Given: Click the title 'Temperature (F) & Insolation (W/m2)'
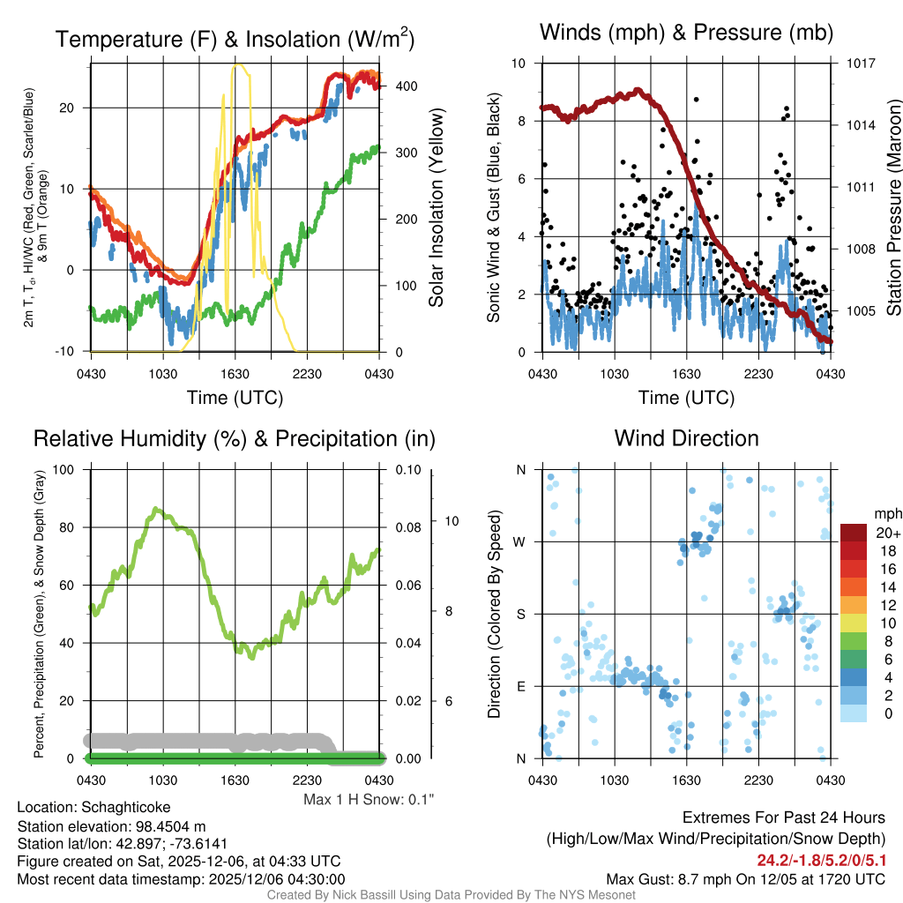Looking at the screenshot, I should pyautogui.click(x=235, y=40).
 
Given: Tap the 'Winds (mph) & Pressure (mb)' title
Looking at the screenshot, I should pyautogui.click(x=686, y=34).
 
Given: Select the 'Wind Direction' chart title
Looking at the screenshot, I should pyautogui.click(x=686, y=438).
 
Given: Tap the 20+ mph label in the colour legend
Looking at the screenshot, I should pyautogui.click(x=885, y=534).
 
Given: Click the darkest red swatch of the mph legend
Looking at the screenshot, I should pyautogui.click(x=854, y=533).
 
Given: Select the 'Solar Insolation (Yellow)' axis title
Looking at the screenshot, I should pyautogui.click(x=436, y=208).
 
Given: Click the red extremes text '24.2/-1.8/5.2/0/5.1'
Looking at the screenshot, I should pyautogui.click(x=820, y=860).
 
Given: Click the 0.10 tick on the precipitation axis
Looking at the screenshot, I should pyautogui.click(x=407, y=470).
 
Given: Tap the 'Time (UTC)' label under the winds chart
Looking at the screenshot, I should pyautogui.click(x=686, y=398).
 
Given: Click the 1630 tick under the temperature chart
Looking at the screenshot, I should pyautogui.click(x=235, y=373).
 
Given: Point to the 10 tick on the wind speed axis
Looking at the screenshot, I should pyautogui.click(x=520, y=63).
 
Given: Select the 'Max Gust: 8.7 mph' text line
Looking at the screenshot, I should pyautogui.click(x=745, y=878).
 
